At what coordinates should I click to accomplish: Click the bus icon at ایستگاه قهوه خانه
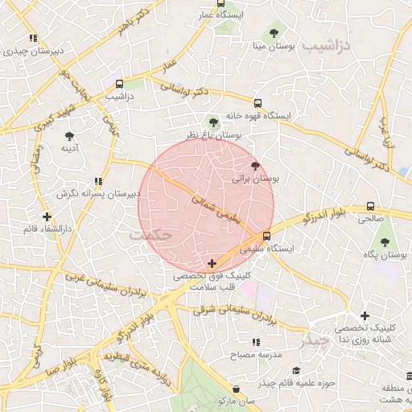click(x=257, y=103)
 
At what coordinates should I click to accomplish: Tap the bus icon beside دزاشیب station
click(x=120, y=83)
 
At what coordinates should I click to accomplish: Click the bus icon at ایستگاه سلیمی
click(x=266, y=236)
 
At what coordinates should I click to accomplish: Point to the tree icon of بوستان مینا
click(x=274, y=34)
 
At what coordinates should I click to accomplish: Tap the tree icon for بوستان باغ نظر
click(x=213, y=122)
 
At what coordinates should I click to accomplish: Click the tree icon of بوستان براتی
click(x=256, y=166)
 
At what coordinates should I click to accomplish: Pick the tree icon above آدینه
click(x=69, y=136)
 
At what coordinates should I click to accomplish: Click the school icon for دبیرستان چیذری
click(x=33, y=38)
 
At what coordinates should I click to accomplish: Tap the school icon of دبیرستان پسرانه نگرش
click(x=97, y=181)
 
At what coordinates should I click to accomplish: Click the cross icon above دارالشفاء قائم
click(x=47, y=216)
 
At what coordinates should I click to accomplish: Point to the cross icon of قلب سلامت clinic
click(x=212, y=263)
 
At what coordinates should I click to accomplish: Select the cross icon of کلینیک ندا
click(x=365, y=316)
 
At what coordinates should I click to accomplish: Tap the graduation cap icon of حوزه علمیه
click(x=296, y=371)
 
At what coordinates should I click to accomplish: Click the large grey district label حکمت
click(x=150, y=234)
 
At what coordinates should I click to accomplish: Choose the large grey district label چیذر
click(x=330, y=340)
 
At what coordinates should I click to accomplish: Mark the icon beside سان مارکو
click(x=222, y=400)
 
